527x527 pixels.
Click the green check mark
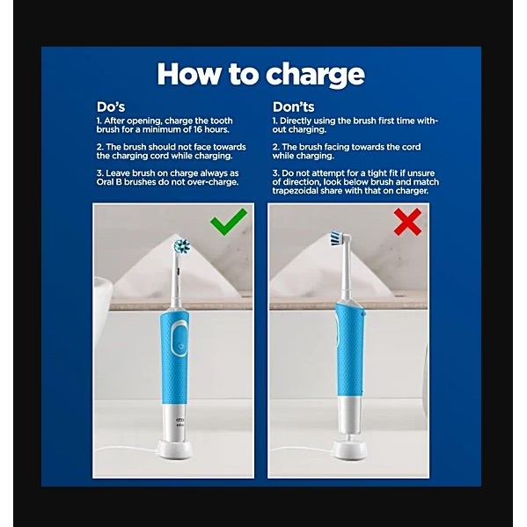(228, 221)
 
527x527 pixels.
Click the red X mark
(407, 222)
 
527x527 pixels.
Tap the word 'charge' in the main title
(315, 76)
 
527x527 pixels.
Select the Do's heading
(111, 106)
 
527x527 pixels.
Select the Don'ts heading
(293, 106)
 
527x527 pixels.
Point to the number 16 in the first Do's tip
(198, 129)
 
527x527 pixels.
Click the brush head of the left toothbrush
(182, 246)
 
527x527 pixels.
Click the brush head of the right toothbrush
(339, 238)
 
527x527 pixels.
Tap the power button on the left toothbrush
(180, 347)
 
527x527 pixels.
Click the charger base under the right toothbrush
(350, 450)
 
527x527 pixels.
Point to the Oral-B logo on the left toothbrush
(180, 420)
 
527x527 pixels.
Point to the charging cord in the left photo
(127, 449)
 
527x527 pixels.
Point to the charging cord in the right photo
(303, 450)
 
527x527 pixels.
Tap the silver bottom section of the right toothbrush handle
(350, 415)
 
